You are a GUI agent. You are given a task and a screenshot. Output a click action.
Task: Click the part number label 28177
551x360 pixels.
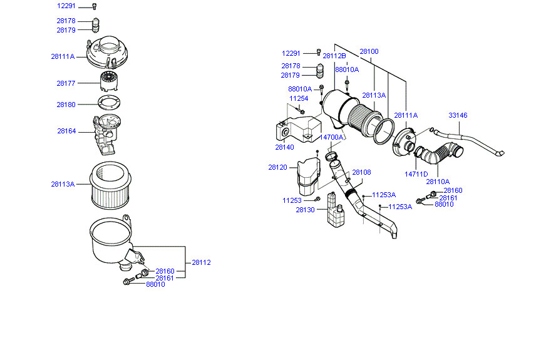pos(66,83)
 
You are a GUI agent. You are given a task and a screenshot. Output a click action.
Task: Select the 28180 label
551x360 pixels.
pos(66,105)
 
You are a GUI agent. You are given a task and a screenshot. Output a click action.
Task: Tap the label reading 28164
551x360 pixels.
pos(66,131)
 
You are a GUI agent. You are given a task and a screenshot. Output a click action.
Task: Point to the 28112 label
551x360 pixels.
pos(201,263)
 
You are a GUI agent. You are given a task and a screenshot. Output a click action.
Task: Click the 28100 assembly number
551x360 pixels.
pos(369,51)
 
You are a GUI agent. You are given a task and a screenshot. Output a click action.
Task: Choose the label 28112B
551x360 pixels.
pos(334,56)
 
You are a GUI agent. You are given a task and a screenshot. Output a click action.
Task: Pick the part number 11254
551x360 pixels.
pos(299,98)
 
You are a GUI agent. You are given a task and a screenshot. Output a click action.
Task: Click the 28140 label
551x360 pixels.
pos(284,148)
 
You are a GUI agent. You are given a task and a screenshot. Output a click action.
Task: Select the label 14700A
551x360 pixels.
pos(331,137)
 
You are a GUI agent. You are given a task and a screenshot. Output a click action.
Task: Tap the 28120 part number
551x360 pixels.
pos(277,168)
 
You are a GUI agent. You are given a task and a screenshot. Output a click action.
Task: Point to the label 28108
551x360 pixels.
pos(361,172)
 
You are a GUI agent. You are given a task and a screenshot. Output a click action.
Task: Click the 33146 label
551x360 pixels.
pos(458,116)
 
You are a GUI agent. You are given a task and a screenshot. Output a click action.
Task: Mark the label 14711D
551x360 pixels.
pos(416,174)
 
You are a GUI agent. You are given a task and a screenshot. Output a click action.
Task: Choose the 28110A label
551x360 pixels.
pos(438,182)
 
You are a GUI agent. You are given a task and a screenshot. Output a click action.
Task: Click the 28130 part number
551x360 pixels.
pos(305,210)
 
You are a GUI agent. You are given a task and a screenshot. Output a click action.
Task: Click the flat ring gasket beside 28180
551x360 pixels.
pos(109,105)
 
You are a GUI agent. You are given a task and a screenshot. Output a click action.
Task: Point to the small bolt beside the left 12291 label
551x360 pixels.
pos(95,6)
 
